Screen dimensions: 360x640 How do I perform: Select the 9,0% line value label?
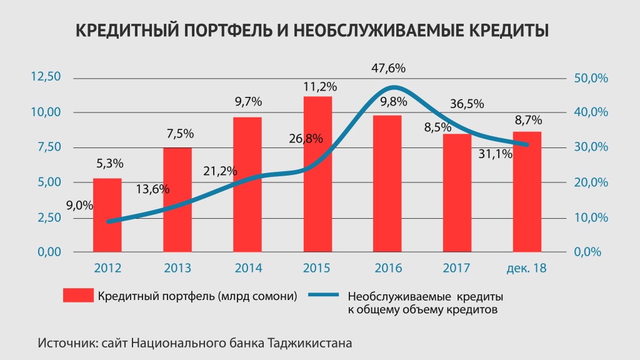click(79, 204)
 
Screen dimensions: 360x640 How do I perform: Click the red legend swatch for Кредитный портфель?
click(78, 296)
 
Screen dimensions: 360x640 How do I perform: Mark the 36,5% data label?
click(467, 104)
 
